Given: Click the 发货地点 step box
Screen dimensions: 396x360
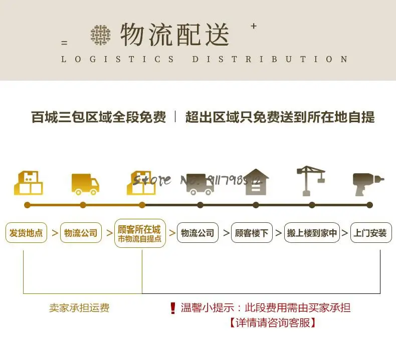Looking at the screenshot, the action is [x=27, y=233].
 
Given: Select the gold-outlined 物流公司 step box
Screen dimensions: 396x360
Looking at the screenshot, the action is [x=81, y=233].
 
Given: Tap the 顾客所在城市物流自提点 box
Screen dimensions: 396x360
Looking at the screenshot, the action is [x=140, y=233].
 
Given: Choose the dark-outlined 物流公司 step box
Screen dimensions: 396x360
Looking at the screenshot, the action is [x=197, y=233].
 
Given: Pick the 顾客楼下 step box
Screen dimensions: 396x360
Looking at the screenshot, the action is [x=252, y=233].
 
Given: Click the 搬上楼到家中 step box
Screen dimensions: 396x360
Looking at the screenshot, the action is [x=312, y=233].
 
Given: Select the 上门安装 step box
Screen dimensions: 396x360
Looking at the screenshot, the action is [x=370, y=233].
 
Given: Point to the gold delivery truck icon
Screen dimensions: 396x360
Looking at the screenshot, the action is [x=85, y=184].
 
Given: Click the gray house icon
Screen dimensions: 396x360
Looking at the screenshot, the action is [x=256, y=182].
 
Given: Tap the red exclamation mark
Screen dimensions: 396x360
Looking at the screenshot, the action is [x=173, y=308].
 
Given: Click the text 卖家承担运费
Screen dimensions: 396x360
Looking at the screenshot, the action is [x=79, y=308].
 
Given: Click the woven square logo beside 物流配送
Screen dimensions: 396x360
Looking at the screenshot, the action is [x=101, y=35].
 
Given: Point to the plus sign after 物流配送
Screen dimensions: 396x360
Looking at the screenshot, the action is [x=253, y=26].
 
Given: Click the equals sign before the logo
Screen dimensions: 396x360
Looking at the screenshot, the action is [x=64, y=43].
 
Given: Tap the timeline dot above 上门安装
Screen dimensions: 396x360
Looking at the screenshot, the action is [x=369, y=205].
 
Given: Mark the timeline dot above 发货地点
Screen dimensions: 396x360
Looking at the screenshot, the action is [x=27, y=205].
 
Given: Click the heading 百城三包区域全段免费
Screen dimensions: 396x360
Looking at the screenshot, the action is [x=99, y=118].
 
